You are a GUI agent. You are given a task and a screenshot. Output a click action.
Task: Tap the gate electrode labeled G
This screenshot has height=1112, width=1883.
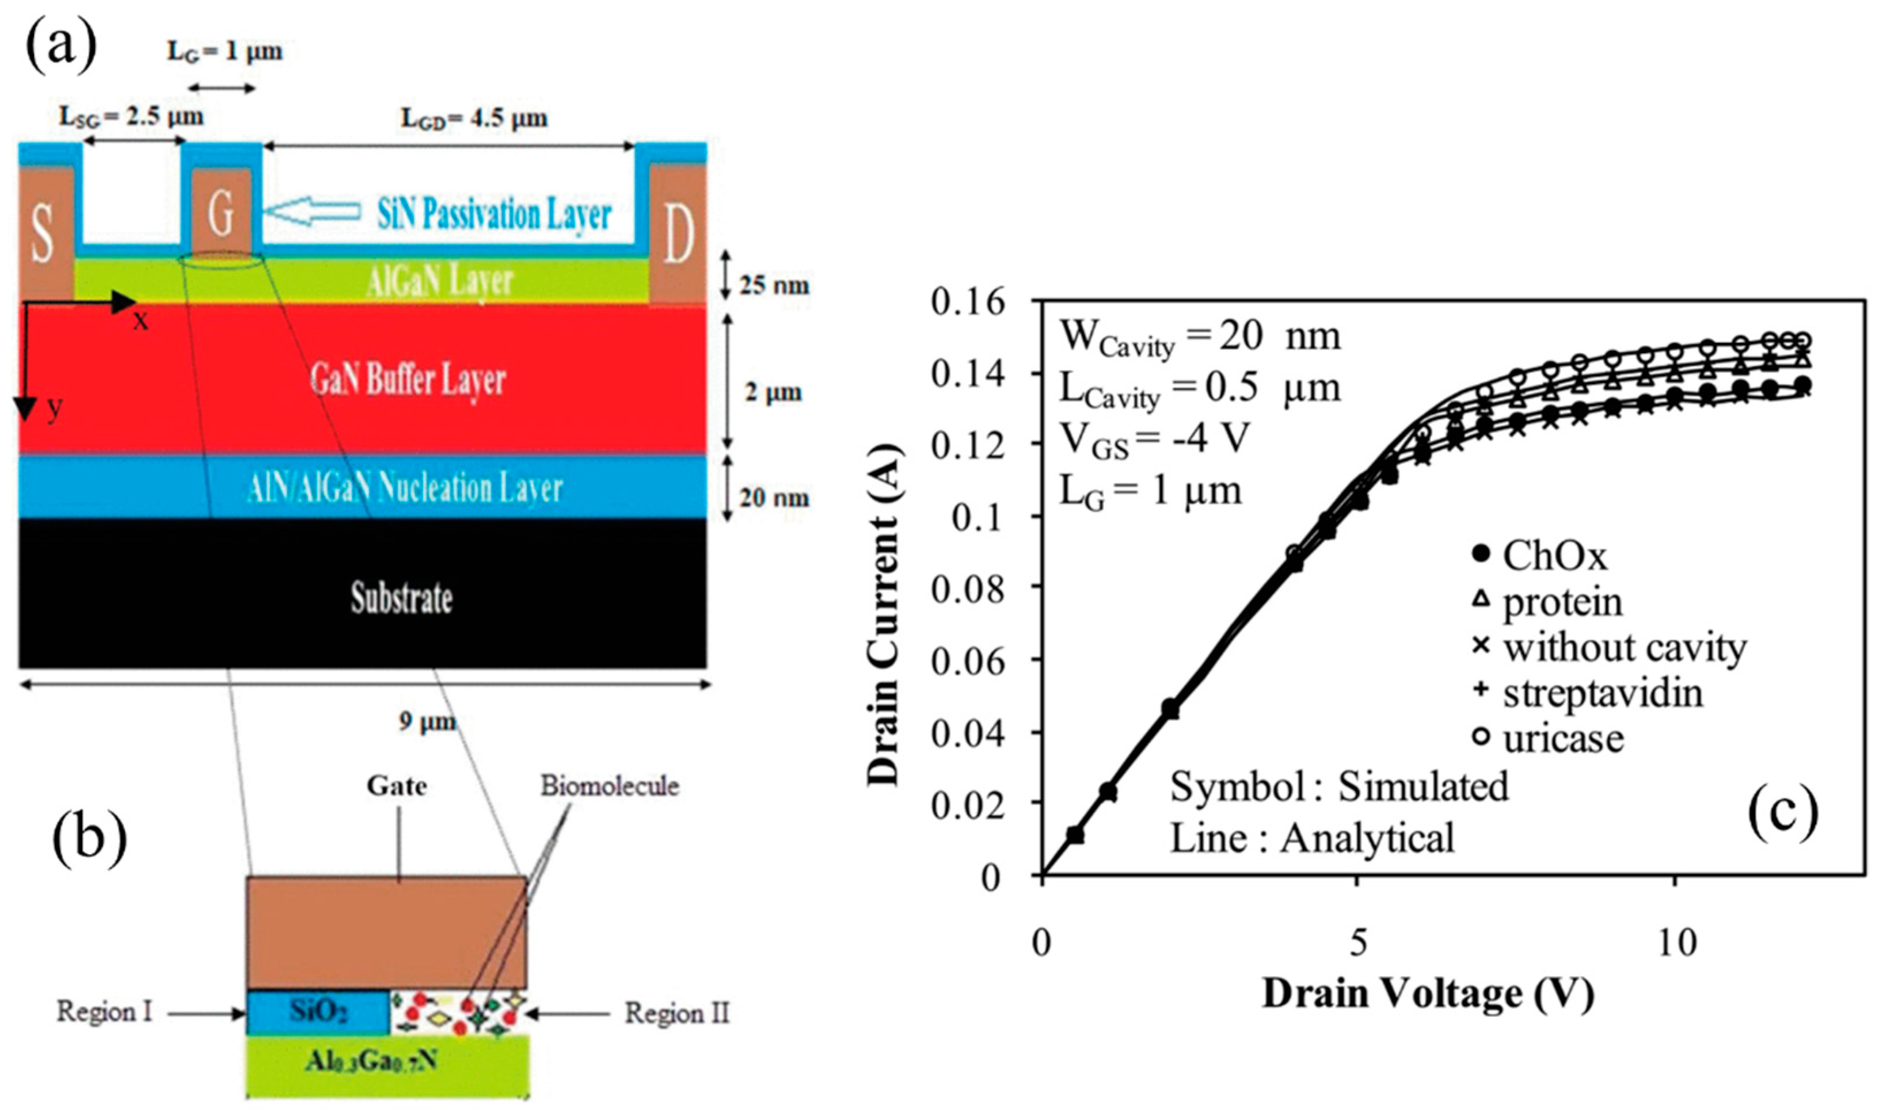[x=221, y=213]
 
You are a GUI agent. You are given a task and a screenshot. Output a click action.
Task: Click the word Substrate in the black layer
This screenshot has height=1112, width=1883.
[x=402, y=598]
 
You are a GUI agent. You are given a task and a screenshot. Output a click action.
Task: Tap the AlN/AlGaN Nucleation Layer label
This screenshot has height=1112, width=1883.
[x=405, y=488]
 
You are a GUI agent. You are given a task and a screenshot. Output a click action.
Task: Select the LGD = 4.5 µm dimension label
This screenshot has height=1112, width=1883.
[x=474, y=119]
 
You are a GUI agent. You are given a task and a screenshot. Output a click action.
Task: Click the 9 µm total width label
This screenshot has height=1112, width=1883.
[x=427, y=721]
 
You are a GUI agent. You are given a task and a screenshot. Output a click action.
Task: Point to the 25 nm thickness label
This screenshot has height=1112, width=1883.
[x=774, y=285]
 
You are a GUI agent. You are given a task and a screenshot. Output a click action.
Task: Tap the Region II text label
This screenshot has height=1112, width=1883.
[x=677, y=1013]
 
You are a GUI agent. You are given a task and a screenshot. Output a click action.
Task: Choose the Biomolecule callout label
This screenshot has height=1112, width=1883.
[x=610, y=785]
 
